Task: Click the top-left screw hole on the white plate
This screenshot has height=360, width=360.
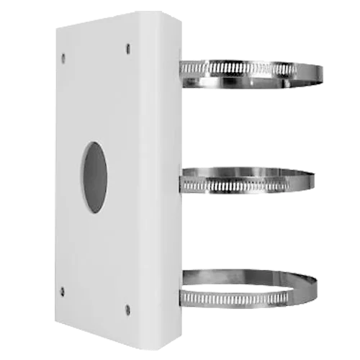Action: click(63, 56)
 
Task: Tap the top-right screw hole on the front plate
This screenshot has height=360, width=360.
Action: click(128, 50)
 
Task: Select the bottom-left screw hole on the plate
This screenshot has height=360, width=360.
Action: click(62, 291)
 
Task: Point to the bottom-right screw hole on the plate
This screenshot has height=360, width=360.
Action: click(127, 309)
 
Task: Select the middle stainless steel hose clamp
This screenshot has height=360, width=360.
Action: click(248, 180)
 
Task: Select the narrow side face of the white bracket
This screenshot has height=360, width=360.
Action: click(166, 180)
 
